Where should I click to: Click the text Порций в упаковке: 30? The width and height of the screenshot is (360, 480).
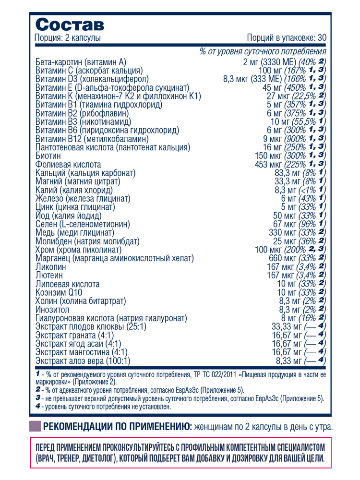(287, 38)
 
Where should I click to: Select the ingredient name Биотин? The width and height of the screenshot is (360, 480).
(48, 156)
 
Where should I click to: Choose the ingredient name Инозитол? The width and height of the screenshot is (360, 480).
(53, 310)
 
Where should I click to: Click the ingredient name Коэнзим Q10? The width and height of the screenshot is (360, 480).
(60, 293)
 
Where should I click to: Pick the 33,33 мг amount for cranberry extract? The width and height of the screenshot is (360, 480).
(287, 326)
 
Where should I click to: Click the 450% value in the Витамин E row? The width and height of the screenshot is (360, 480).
(297, 87)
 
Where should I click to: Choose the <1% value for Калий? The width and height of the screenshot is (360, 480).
(308, 190)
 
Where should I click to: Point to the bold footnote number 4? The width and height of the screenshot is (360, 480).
(38, 406)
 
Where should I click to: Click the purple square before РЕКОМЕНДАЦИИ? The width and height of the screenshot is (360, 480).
(35, 427)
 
